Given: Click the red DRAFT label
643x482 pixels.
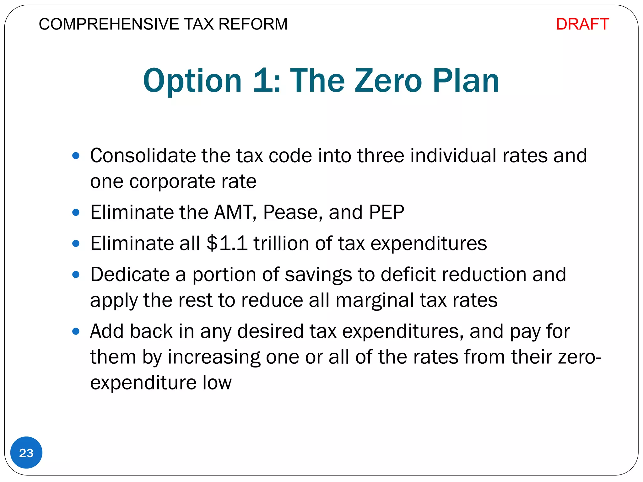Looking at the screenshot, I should [582, 24].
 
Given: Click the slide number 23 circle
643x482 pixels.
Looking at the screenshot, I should [26, 453].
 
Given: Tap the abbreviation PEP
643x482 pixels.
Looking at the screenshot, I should [386, 212].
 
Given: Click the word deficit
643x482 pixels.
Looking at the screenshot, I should [408, 275].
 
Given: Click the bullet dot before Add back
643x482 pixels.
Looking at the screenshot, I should [76, 331].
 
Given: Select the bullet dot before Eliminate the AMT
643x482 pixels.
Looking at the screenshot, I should [76, 212].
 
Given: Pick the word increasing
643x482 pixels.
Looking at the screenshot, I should [214, 357].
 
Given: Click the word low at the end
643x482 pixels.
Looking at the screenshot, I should [217, 383].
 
